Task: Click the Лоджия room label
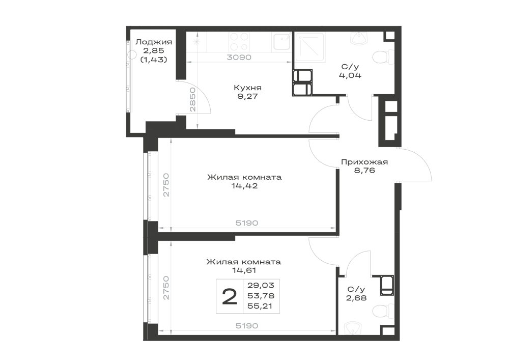click(x=154, y=42)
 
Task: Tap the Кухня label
click(x=248, y=88)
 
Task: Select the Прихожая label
click(x=364, y=162)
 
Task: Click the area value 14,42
click(x=244, y=186)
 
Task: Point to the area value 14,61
click(x=244, y=270)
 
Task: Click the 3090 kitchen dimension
click(x=239, y=58)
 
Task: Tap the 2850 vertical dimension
click(x=193, y=100)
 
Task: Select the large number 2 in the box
click(x=230, y=297)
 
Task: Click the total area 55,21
click(x=260, y=306)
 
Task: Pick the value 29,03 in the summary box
click(x=261, y=285)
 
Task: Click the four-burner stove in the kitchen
click(x=240, y=42)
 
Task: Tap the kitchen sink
click(x=281, y=42)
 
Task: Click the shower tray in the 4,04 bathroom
click(x=309, y=46)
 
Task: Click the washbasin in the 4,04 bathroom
click(x=359, y=38)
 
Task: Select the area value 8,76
click(x=364, y=171)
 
